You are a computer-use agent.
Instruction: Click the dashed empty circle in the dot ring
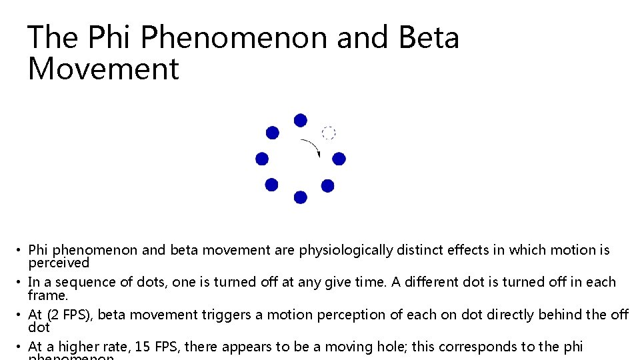tap(328, 132)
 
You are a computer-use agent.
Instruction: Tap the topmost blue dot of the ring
tap(301, 120)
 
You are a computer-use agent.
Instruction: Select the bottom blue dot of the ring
tap(301, 197)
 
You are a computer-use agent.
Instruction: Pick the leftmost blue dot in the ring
tap(262, 159)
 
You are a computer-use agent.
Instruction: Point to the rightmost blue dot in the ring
tap(339, 159)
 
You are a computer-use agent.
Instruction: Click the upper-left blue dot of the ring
tap(273, 133)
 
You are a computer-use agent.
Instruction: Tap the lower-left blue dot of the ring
tap(271, 185)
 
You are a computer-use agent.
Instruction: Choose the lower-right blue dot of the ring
tap(327, 185)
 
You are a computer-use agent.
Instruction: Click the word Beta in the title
tap(429, 37)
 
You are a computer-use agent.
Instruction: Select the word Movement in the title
tap(103, 69)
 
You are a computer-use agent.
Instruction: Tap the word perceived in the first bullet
tap(59, 262)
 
